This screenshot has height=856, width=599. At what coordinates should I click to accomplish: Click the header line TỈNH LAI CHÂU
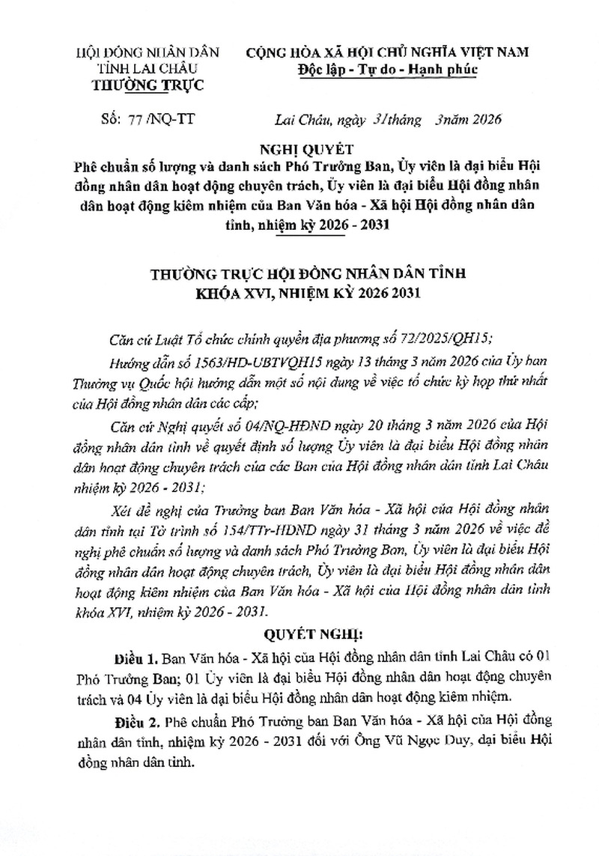[x=148, y=68]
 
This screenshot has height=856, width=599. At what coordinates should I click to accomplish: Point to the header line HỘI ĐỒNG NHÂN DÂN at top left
[x=148, y=52]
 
